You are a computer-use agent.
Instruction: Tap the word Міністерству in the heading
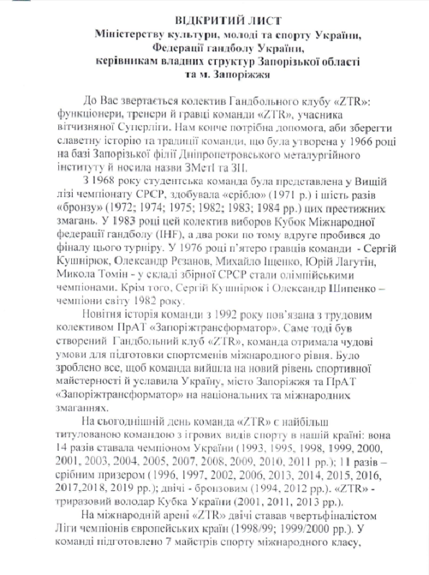(132, 34)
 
